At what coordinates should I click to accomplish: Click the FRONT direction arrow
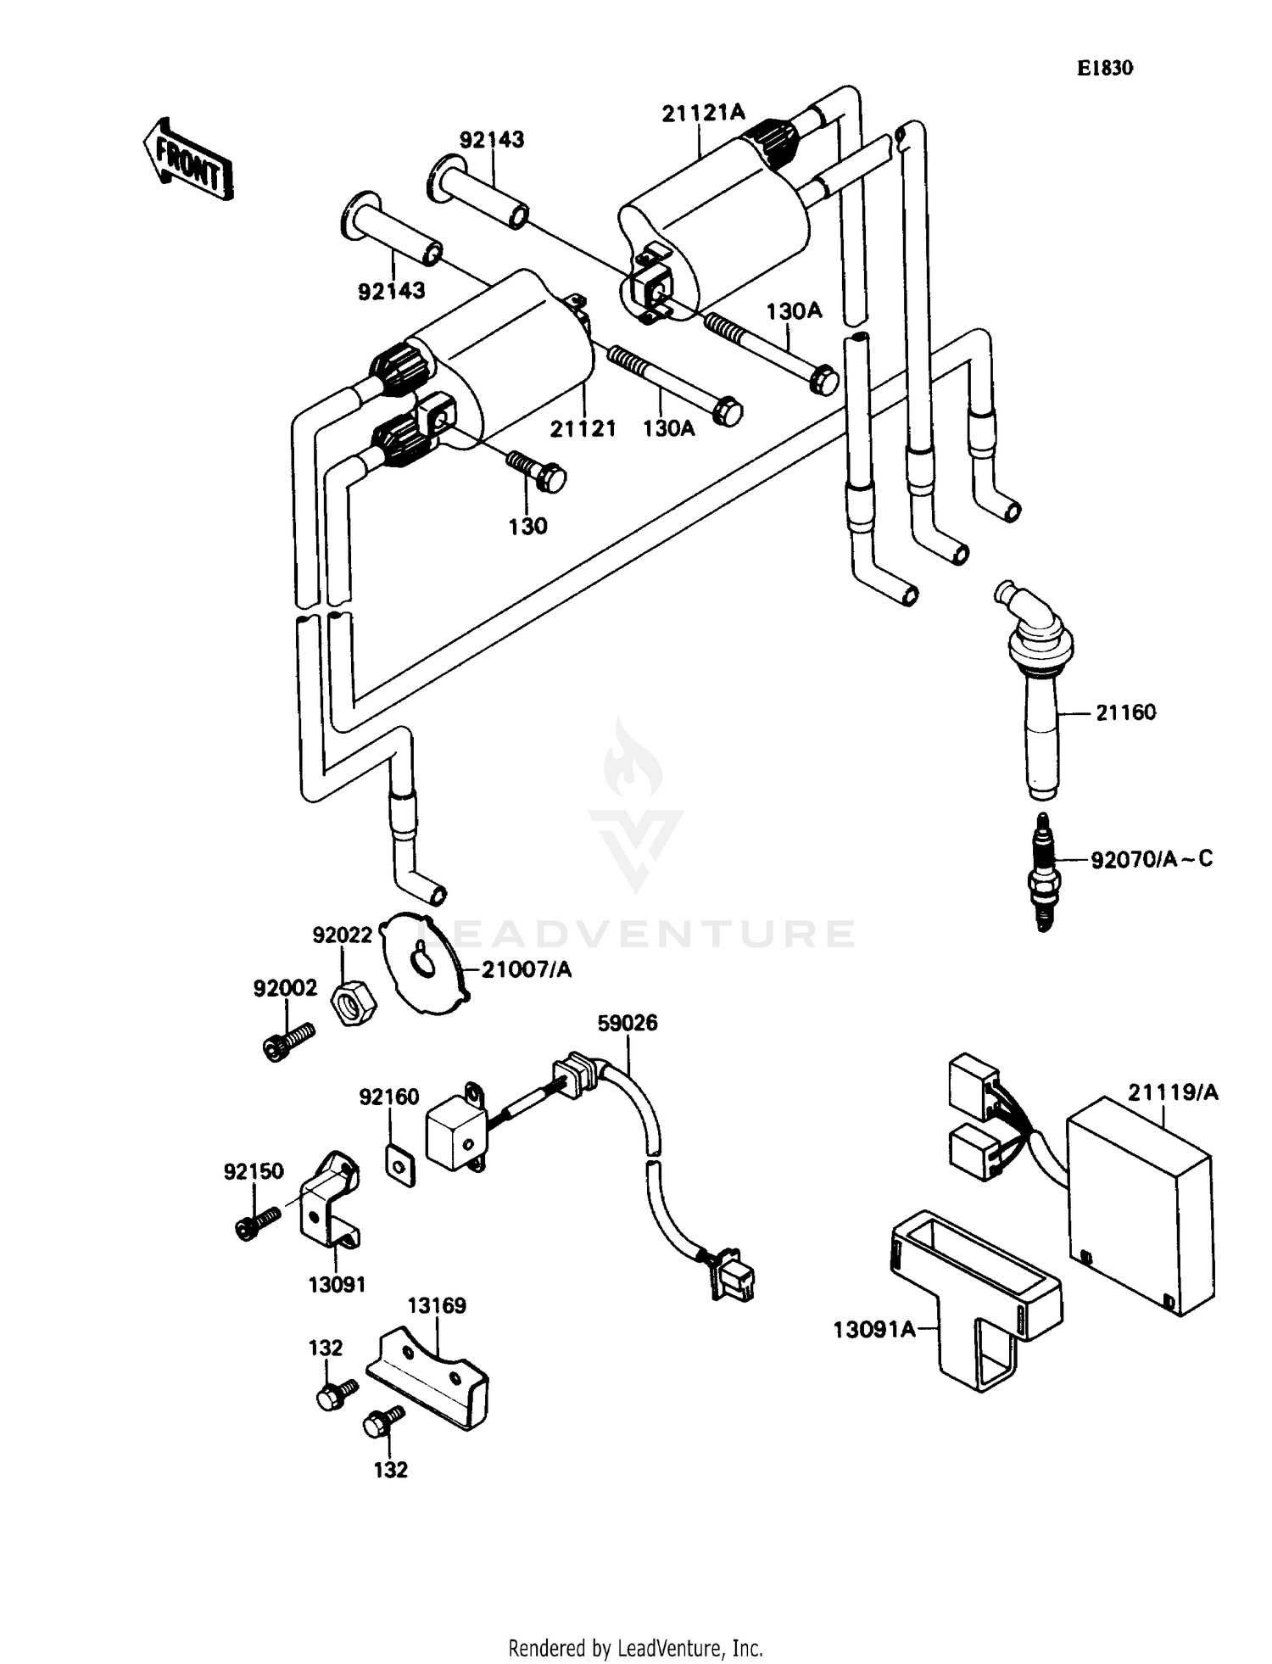pos(187,160)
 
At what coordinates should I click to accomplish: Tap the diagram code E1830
pos(1104,69)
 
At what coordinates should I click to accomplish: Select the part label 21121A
pos(702,112)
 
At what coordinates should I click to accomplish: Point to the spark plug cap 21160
pos(1040,695)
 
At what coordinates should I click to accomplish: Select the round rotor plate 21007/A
pos(423,962)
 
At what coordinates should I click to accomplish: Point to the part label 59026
pos(627,1023)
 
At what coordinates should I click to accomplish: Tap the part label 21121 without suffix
pos(583,429)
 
